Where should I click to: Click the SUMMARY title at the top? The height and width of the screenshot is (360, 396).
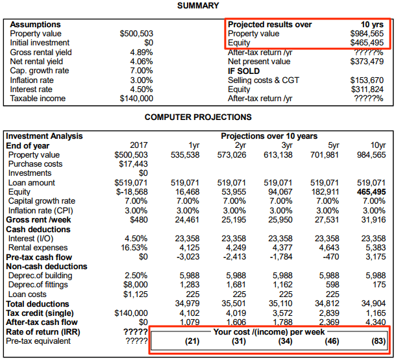pos(197,6)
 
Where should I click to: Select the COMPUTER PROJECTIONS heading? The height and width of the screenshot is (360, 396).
pos(197,117)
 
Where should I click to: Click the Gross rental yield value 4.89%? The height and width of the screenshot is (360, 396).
pos(141,53)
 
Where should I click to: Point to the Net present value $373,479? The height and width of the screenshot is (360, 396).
pos(367,62)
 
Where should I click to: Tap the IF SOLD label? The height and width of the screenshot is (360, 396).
pos(243,71)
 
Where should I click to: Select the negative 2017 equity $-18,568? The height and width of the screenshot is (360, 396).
pos(131,192)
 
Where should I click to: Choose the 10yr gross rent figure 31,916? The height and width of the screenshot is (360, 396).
pos(372,220)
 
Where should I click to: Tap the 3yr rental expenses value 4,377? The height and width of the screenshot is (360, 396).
pos(280,248)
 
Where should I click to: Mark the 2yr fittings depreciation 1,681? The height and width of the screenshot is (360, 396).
pos(235,285)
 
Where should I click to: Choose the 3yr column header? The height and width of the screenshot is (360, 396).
pos(286,145)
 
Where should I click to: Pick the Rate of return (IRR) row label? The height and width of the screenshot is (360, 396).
pos(38,331)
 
